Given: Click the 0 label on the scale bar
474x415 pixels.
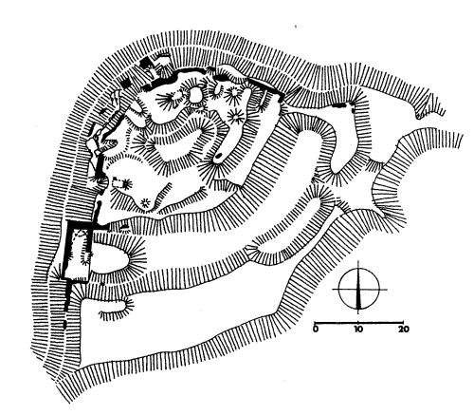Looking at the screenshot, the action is pyautogui.click(x=316, y=330).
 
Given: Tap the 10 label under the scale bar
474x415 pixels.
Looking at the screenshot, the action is pyautogui.click(x=357, y=330).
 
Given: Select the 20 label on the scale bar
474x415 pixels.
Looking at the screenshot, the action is pyautogui.click(x=403, y=330).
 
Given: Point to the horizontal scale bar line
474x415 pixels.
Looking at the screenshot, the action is pyautogui.click(x=358, y=323).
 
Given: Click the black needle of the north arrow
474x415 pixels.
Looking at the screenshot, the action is pyautogui.click(x=358, y=292).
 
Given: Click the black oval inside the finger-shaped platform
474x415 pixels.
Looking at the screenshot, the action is pyautogui.click(x=218, y=156).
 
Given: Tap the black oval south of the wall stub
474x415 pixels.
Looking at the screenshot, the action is pyautogui.click(x=64, y=324).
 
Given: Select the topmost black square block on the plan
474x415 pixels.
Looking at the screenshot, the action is pyautogui.click(x=145, y=62).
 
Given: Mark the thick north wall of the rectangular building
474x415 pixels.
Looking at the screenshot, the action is pyautogui.click(x=82, y=223).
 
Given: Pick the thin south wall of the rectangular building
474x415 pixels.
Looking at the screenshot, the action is pyautogui.click(x=76, y=280).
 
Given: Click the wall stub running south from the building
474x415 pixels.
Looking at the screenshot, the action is pyautogui.click(x=68, y=295).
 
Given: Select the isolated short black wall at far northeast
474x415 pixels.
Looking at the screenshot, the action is pyautogui.click(x=338, y=104).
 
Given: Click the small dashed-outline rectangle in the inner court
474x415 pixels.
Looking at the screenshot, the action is pyautogui.click(x=118, y=183).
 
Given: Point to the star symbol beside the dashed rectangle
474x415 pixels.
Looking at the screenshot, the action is pyautogui.click(x=127, y=183).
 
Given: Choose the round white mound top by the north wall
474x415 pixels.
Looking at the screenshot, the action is pyautogui.click(x=195, y=95).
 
